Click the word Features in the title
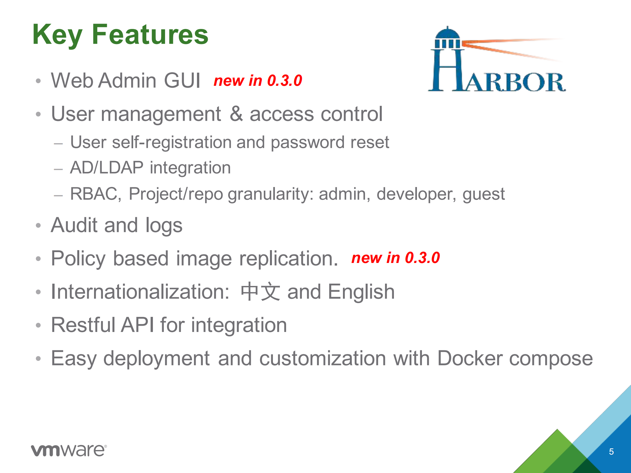coord(150,35)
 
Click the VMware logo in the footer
coord(69,450)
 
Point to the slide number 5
coord(611,452)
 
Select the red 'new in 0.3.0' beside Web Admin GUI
coord(258,81)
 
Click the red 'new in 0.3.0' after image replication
coord(396,258)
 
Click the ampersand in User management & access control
coord(236,114)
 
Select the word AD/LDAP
coord(107,168)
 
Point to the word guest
coord(483,194)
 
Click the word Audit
coord(74,225)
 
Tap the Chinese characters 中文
coord(260,292)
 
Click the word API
coord(137,325)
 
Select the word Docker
coord(470,358)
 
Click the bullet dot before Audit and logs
coord(38,226)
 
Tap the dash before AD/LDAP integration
coord(59,169)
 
